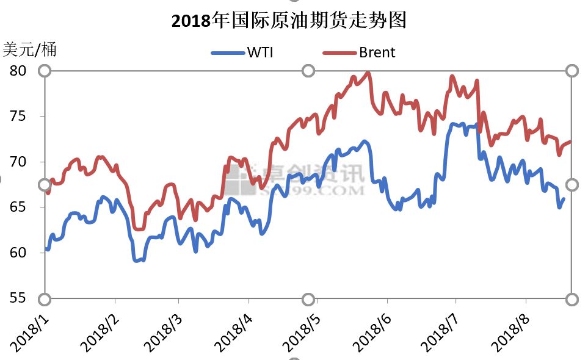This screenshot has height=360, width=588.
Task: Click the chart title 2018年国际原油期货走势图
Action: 289,21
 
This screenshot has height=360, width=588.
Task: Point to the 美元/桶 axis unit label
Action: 30,49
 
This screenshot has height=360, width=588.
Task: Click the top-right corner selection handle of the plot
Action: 572,71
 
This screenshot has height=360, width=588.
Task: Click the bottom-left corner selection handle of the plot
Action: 45,299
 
